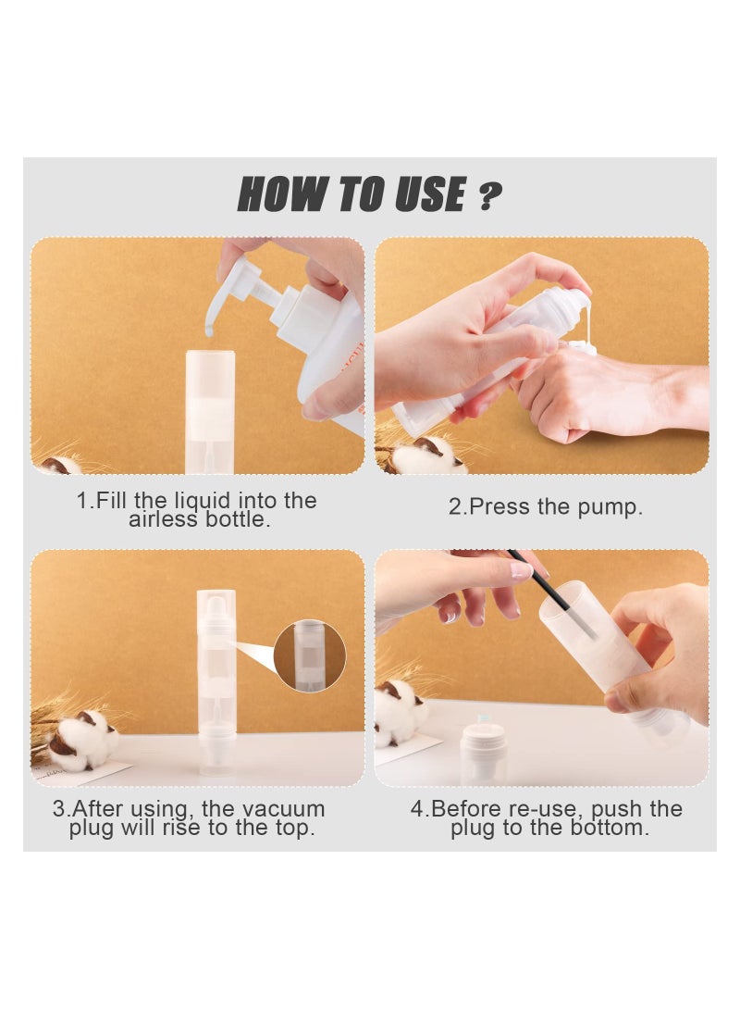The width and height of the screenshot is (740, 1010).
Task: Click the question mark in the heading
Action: [489, 195]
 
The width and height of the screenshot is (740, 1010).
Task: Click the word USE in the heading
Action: [429, 193]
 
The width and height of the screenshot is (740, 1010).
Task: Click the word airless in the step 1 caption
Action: [164, 519]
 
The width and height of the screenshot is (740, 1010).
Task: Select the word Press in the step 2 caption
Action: [499, 507]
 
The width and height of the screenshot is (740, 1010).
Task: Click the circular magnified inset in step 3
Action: [310, 656]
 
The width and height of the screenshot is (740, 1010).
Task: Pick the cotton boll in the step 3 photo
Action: [83, 741]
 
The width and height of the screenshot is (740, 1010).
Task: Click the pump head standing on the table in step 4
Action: [484, 753]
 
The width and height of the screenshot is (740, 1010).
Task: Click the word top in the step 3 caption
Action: [294, 829]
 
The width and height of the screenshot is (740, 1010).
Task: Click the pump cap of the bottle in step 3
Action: [216, 605]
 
